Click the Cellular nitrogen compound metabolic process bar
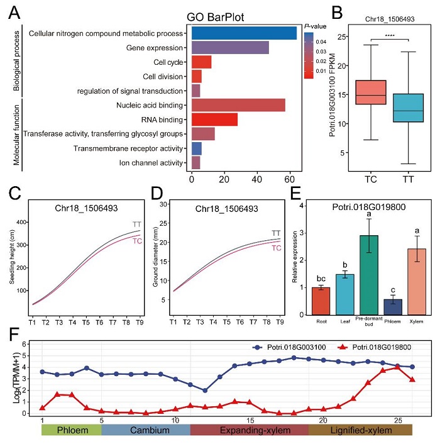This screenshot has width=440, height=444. pyautogui.click(x=244, y=33)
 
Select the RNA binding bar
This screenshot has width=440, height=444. pyautogui.click(x=214, y=119)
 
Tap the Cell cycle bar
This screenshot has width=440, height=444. pyautogui.click(x=201, y=62)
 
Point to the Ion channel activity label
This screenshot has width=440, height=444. pyautogui.click(x=151, y=164)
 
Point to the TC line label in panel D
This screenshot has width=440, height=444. pyautogui.click(x=276, y=248)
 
